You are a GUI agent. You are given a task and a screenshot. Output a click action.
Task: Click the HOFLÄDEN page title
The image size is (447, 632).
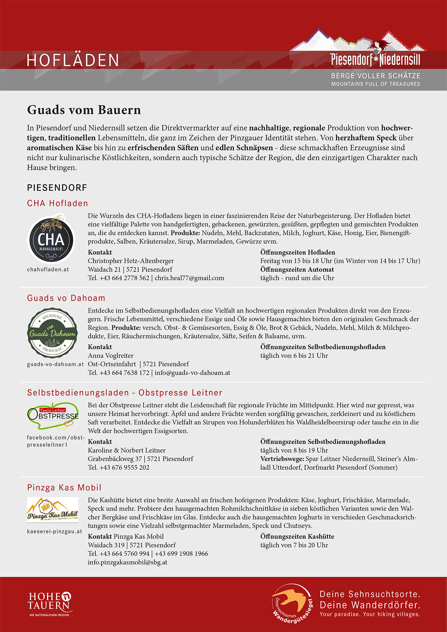73,60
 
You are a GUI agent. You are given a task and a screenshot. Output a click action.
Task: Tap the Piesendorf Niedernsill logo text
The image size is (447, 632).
375,60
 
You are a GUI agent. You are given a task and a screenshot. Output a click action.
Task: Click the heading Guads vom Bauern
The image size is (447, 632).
84,110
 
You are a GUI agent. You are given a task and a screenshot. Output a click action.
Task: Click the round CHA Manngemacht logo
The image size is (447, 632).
51,238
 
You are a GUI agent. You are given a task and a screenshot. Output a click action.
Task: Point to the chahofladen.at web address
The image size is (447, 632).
48,269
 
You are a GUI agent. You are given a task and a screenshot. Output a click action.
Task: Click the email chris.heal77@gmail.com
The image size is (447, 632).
189,278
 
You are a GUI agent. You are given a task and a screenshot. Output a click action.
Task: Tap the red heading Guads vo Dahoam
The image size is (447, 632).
66,298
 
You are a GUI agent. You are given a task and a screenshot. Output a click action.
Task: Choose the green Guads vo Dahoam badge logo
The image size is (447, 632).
53,332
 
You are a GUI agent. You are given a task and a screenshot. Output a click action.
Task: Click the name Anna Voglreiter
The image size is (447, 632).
111,355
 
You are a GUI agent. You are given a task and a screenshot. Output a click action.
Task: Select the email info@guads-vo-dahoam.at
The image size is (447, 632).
192,372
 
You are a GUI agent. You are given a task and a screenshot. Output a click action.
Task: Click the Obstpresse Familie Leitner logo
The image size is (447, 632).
53,414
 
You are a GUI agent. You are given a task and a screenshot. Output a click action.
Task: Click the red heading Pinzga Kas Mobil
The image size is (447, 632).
64,488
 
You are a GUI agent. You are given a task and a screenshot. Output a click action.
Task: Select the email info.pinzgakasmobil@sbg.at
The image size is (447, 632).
127,562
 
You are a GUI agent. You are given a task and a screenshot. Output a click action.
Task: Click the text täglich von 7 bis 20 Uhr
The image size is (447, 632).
294,545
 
